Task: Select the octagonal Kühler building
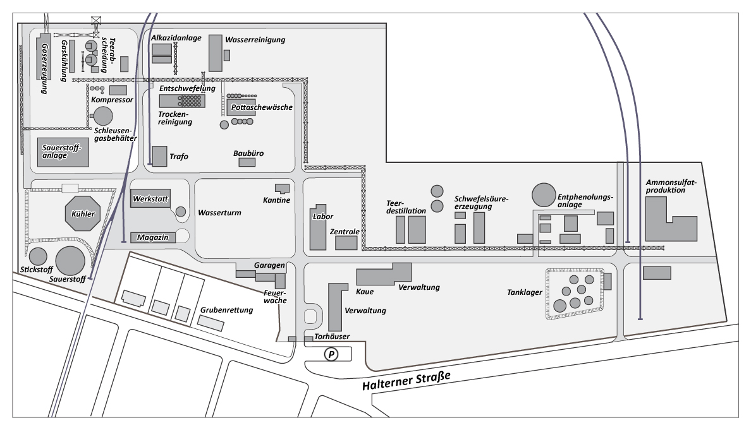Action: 83,213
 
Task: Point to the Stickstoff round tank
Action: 38,256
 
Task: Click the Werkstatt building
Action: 150,199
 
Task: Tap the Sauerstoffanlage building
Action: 63,152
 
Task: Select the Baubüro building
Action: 247,162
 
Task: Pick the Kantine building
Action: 282,188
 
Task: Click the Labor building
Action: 317,226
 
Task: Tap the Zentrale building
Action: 346,242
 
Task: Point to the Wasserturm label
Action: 219,213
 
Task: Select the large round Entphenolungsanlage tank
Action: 544,196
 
